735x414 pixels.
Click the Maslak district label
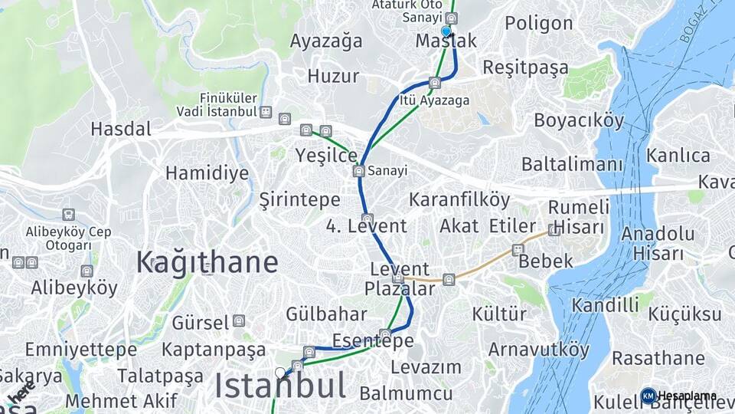coord(446,41)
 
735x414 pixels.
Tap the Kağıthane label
coord(207,262)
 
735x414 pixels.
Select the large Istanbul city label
coord(279,386)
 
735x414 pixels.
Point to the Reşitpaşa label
coord(526,67)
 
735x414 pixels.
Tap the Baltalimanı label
coord(573,164)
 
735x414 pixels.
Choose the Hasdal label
coord(120,129)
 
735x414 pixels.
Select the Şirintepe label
coord(299,200)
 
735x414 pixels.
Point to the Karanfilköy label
coord(459,200)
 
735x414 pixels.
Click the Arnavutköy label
coord(539,350)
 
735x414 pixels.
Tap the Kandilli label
coord(605,305)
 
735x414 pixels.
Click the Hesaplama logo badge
coord(648,396)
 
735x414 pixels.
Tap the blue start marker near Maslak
coord(446,31)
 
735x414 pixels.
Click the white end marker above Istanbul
coord(280,373)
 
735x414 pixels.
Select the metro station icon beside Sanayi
coord(358,171)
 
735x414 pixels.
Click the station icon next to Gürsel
coord(239,320)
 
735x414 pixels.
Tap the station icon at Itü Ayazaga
coord(435,83)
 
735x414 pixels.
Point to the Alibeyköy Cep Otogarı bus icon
coord(68,215)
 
